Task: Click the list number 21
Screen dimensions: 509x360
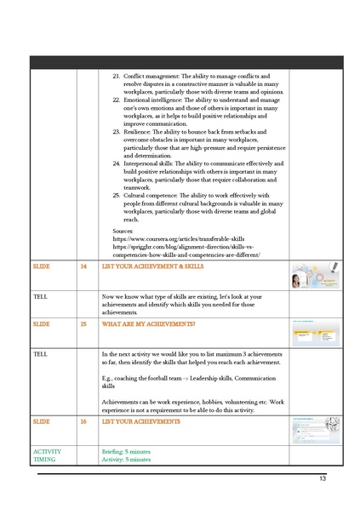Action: coord(117,77)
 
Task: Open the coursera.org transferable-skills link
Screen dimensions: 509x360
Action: coord(180,240)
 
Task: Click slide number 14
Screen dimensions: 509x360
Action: coord(83,266)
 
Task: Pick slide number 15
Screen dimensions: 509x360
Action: coord(83,324)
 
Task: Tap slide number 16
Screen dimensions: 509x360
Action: coord(83,421)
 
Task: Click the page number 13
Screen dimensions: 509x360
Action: coord(323,479)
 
